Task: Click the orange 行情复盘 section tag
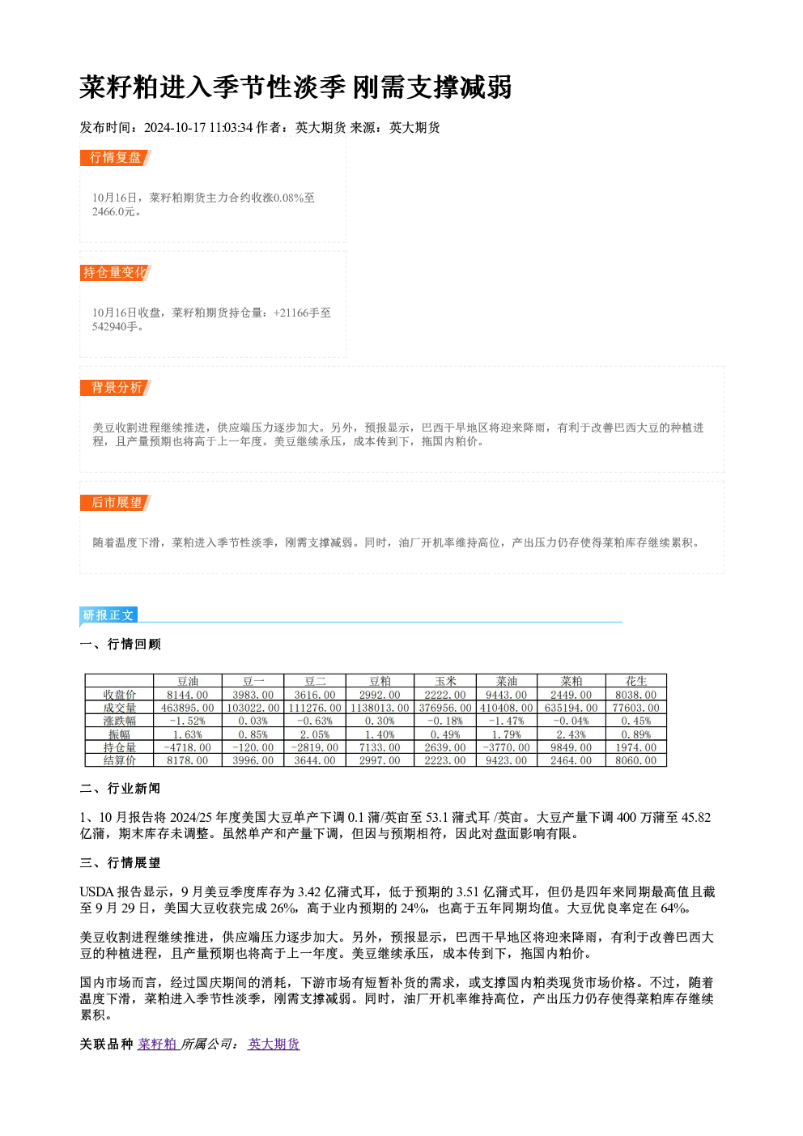click(x=116, y=158)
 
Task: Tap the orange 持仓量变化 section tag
click(x=116, y=273)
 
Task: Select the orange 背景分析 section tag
click(x=116, y=388)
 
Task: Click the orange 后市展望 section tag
click(x=116, y=503)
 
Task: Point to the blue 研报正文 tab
click(x=108, y=615)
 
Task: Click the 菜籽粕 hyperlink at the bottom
click(x=157, y=1044)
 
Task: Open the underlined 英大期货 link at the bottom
click(x=274, y=1044)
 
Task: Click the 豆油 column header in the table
click(x=188, y=681)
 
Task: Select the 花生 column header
click(x=636, y=681)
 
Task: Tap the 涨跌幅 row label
click(x=120, y=721)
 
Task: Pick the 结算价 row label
click(x=120, y=760)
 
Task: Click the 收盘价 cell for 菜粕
click(x=571, y=694)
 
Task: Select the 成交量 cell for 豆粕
click(x=380, y=708)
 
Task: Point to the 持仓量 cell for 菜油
click(x=507, y=747)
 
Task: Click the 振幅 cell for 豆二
click(x=315, y=734)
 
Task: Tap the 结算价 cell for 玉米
click(x=445, y=760)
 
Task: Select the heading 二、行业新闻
click(x=120, y=788)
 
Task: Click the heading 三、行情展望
click(x=120, y=862)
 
